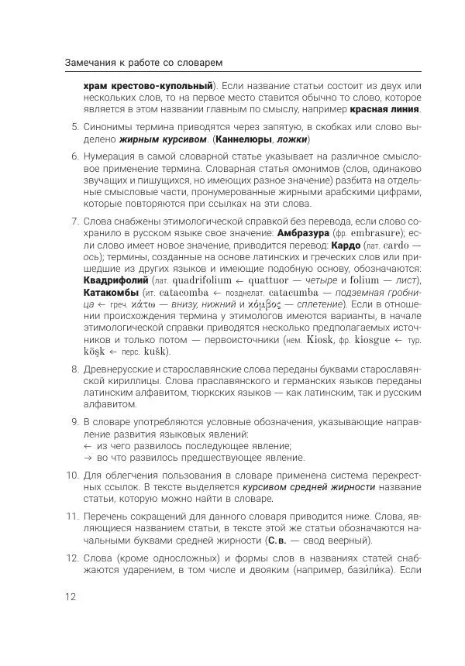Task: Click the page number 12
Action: pyautogui.click(x=71, y=596)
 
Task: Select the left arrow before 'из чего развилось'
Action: pyautogui.click(x=87, y=446)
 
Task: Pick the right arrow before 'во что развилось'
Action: pyautogui.click(x=87, y=458)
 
